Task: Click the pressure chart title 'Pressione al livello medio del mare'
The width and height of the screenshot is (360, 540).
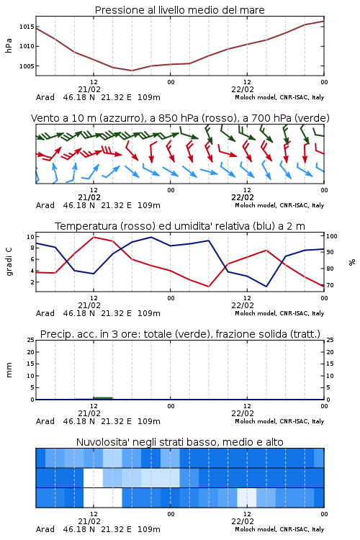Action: click(x=179, y=10)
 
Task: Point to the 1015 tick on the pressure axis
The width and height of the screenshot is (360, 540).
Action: click(x=27, y=27)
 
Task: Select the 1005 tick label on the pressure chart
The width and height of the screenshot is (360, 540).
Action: click(x=27, y=66)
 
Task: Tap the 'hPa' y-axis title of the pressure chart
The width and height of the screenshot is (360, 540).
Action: click(x=9, y=46)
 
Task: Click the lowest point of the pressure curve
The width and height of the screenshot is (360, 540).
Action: click(x=132, y=71)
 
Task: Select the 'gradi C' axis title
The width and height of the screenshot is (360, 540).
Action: click(x=9, y=261)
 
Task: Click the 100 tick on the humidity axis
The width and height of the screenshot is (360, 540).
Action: click(x=332, y=236)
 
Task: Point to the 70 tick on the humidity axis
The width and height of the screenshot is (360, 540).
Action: click(x=330, y=285)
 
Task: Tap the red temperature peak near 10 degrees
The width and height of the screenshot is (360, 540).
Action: click(x=94, y=237)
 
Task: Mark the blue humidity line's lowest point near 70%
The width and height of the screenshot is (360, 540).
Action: click(x=266, y=287)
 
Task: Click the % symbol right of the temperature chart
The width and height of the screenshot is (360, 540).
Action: click(x=352, y=262)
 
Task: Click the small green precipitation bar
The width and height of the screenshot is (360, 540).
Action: click(x=103, y=398)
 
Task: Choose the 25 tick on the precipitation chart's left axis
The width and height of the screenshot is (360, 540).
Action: click(x=31, y=340)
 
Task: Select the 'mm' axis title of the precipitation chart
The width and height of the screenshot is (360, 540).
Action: click(x=9, y=369)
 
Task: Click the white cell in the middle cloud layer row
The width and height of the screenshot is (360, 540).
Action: click(x=93, y=477)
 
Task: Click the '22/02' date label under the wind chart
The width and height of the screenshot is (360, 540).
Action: click(x=243, y=197)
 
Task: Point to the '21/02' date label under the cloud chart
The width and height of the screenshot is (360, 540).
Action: click(x=89, y=521)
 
